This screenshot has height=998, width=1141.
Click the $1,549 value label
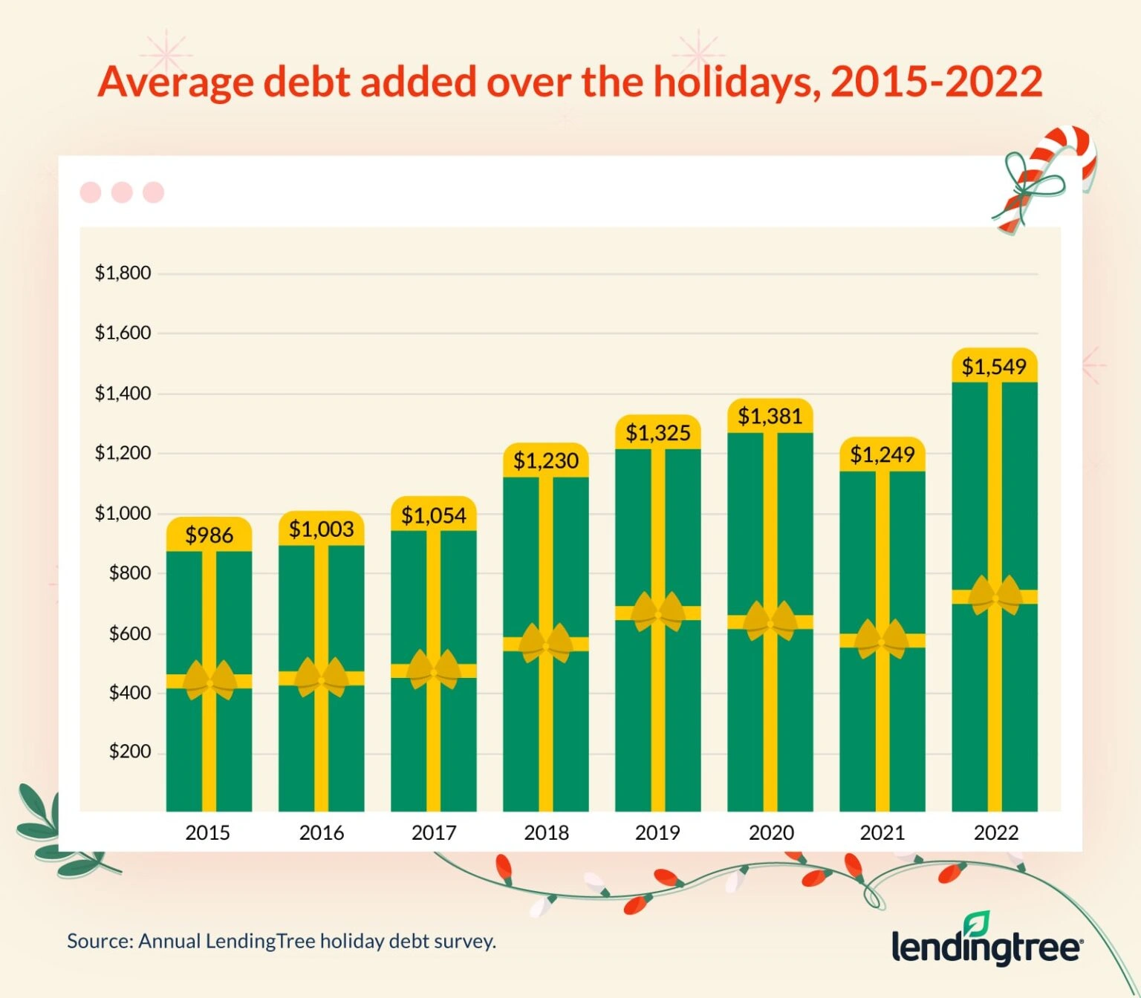click(x=994, y=366)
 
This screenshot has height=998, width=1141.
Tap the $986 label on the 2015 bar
click(x=209, y=535)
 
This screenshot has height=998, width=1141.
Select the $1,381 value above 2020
click(x=770, y=416)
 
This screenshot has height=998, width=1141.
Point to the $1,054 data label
click(x=434, y=515)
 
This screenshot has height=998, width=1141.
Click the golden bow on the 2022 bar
click(x=995, y=596)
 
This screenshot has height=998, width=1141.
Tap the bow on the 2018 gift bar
click(x=546, y=643)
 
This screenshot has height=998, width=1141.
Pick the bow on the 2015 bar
click(x=209, y=680)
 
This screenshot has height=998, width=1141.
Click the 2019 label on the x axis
click(x=657, y=832)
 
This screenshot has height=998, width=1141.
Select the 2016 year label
click(x=321, y=832)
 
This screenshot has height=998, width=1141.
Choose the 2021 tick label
click(x=882, y=832)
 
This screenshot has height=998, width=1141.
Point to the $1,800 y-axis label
click(x=123, y=273)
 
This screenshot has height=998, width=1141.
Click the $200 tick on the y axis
click(x=129, y=751)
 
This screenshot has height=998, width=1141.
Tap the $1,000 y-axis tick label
click(x=123, y=513)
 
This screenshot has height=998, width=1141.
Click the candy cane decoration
click(x=1047, y=178)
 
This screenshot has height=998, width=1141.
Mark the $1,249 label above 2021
click(x=882, y=454)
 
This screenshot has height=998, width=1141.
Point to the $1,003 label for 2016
click(x=321, y=529)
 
